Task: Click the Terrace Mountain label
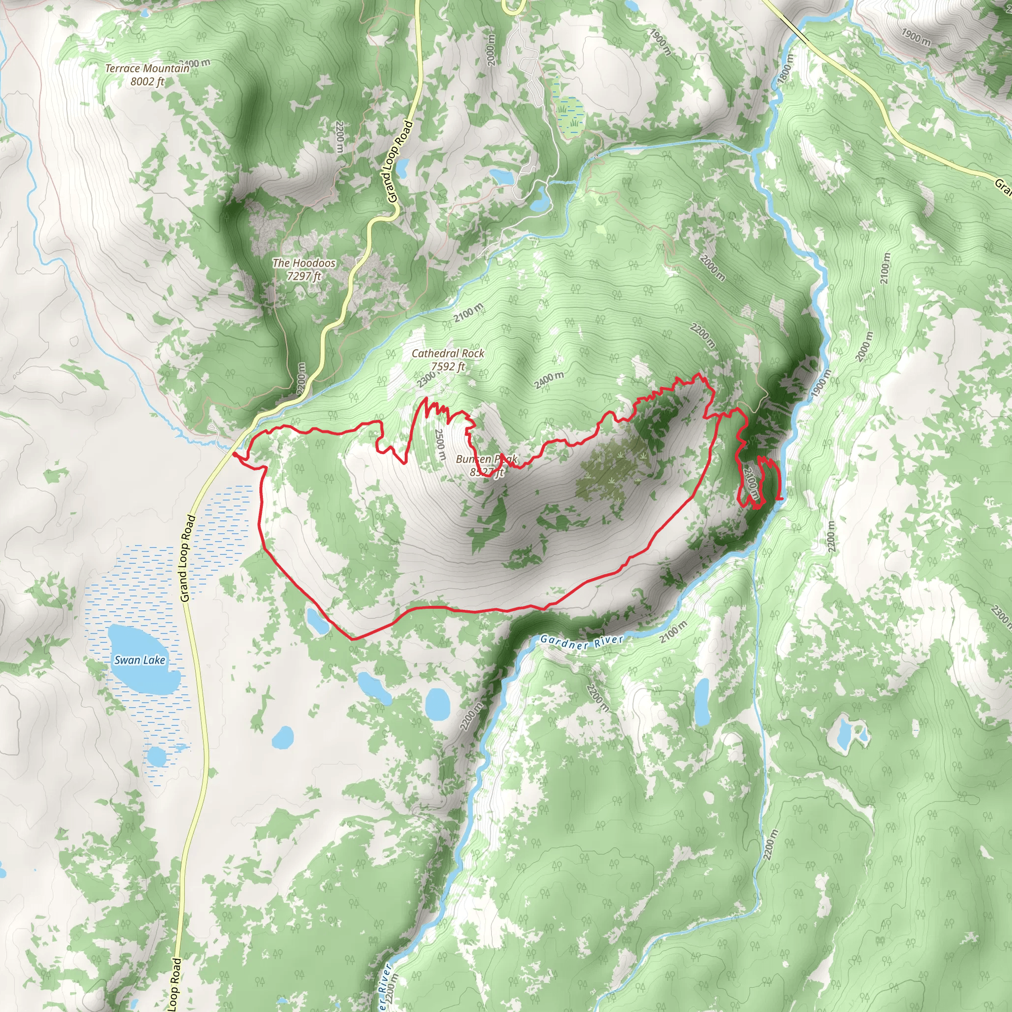(147, 69)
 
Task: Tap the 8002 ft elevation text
(147, 82)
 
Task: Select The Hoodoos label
(304, 263)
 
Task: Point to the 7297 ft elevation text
(304, 276)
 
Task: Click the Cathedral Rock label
(448, 354)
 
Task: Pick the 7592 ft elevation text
(448, 367)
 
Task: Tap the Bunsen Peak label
(486, 460)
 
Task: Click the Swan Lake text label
(140, 661)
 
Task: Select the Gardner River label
(582, 641)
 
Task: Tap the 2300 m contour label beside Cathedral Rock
(427, 378)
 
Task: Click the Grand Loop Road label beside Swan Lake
(187, 558)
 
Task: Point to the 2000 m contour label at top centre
(491, 50)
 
